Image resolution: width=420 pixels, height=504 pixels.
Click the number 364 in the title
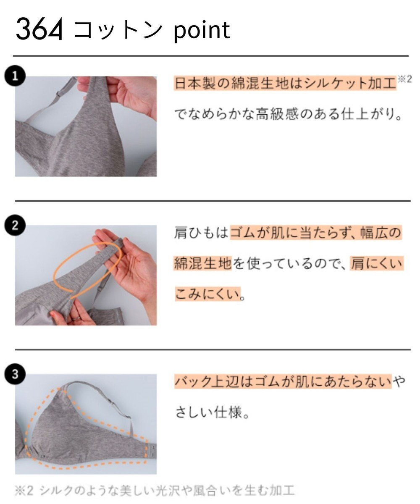coord(39,30)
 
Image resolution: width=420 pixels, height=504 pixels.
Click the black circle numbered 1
coord(15,76)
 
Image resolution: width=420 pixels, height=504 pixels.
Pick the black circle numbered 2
coord(15,226)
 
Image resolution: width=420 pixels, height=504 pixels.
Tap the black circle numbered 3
coord(15,374)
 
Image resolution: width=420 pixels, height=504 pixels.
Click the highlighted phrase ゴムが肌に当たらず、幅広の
coord(316,233)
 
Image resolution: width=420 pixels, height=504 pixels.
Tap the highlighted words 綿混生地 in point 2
coord(202,264)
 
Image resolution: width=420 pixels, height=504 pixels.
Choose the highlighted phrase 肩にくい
coord(376,264)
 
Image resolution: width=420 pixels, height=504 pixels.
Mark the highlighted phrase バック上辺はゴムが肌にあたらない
coord(282,381)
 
